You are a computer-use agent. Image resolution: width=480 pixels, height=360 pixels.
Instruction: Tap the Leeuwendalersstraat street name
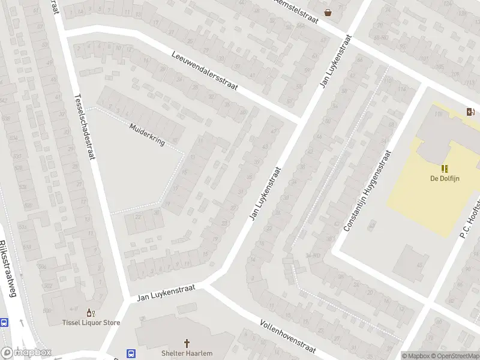pyautogui.click(x=205, y=70)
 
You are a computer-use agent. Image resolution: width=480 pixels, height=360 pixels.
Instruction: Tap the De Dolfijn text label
pyautogui.click(x=445, y=178)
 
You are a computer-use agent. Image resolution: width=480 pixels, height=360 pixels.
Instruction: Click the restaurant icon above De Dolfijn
pyautogui.click(x=445, y=168)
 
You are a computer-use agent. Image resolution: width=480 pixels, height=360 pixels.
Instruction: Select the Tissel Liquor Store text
pyautogui.click(x=91, y=322)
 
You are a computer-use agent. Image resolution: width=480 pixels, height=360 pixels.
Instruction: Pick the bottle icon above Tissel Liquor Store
pyautogui.click(x=91, y=312)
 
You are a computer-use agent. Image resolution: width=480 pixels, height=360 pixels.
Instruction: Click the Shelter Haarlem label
pyautogui.click(x=187, y=353)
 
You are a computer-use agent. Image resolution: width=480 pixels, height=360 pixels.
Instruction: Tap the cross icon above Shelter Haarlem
pyautogui.click(x=187, y=343)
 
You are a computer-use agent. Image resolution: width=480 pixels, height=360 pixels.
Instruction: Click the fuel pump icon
pyautogui.click(x=471, y=111)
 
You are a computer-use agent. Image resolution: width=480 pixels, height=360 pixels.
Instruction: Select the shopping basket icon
pyautogui.click(x=328, y=12)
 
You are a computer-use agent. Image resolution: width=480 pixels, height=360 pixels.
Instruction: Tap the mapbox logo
pyautogui.click(x=26, y=352)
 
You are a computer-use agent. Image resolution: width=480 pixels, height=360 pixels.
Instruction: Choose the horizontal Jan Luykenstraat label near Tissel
pyautogui.click(x=166, y=293)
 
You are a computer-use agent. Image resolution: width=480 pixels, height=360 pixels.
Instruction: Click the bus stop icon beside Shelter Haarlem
pyautogui.click(x=131, y=353)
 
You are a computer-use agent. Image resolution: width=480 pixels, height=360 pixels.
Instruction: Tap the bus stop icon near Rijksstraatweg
pyautogui.click(x=4, y=322)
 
